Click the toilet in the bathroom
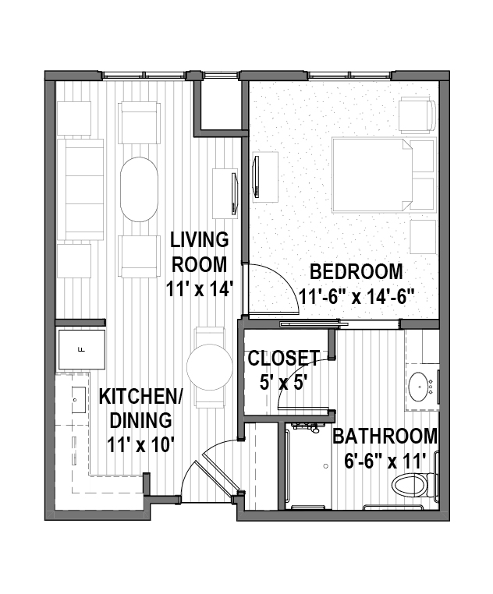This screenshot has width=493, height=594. click(x=412, y=486)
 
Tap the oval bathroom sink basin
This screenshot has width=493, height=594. click(x=420, y=387)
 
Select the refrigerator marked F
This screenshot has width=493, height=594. click(x=81, y=349)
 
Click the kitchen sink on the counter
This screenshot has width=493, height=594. click(x=78, y=400)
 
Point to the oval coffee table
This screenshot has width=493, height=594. click(x=139, y=189)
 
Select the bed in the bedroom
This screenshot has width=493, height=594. click(x=372, y=175)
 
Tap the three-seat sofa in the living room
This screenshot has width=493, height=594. click(x=80, y=189)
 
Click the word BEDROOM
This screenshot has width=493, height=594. click(x=356, y=271)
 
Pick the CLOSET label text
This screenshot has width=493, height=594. click(x=283, y=358)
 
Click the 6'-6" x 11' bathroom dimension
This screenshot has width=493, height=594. click(x=385, y=461)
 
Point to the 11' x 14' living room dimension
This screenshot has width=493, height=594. click(x=199, y=289)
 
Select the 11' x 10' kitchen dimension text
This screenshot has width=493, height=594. click(x=140, y=445)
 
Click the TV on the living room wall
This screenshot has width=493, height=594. click(x=234, y=193)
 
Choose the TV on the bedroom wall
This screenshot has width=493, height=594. click(x=257, y=177)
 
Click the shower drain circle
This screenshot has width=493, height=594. click(x=326, y=466)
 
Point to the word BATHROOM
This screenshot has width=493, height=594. click(x=385, y=437)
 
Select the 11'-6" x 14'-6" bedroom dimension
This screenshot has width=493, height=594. click(x=356, y=297)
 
